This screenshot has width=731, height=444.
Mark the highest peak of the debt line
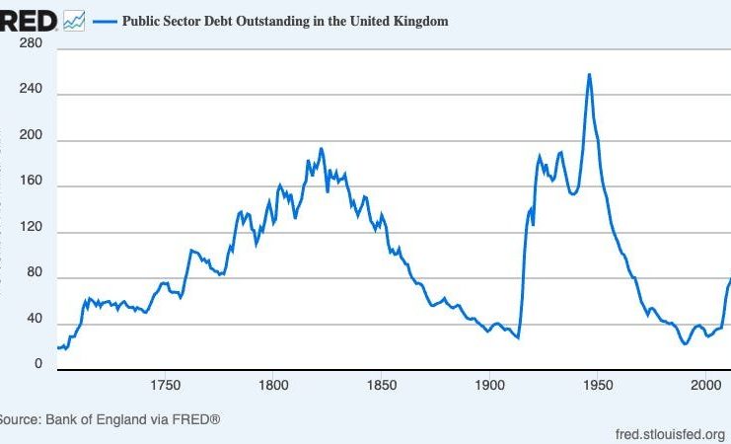(589, 74)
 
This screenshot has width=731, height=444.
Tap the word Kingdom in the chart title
(421, 21)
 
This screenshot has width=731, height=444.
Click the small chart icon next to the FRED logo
(74, 20)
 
